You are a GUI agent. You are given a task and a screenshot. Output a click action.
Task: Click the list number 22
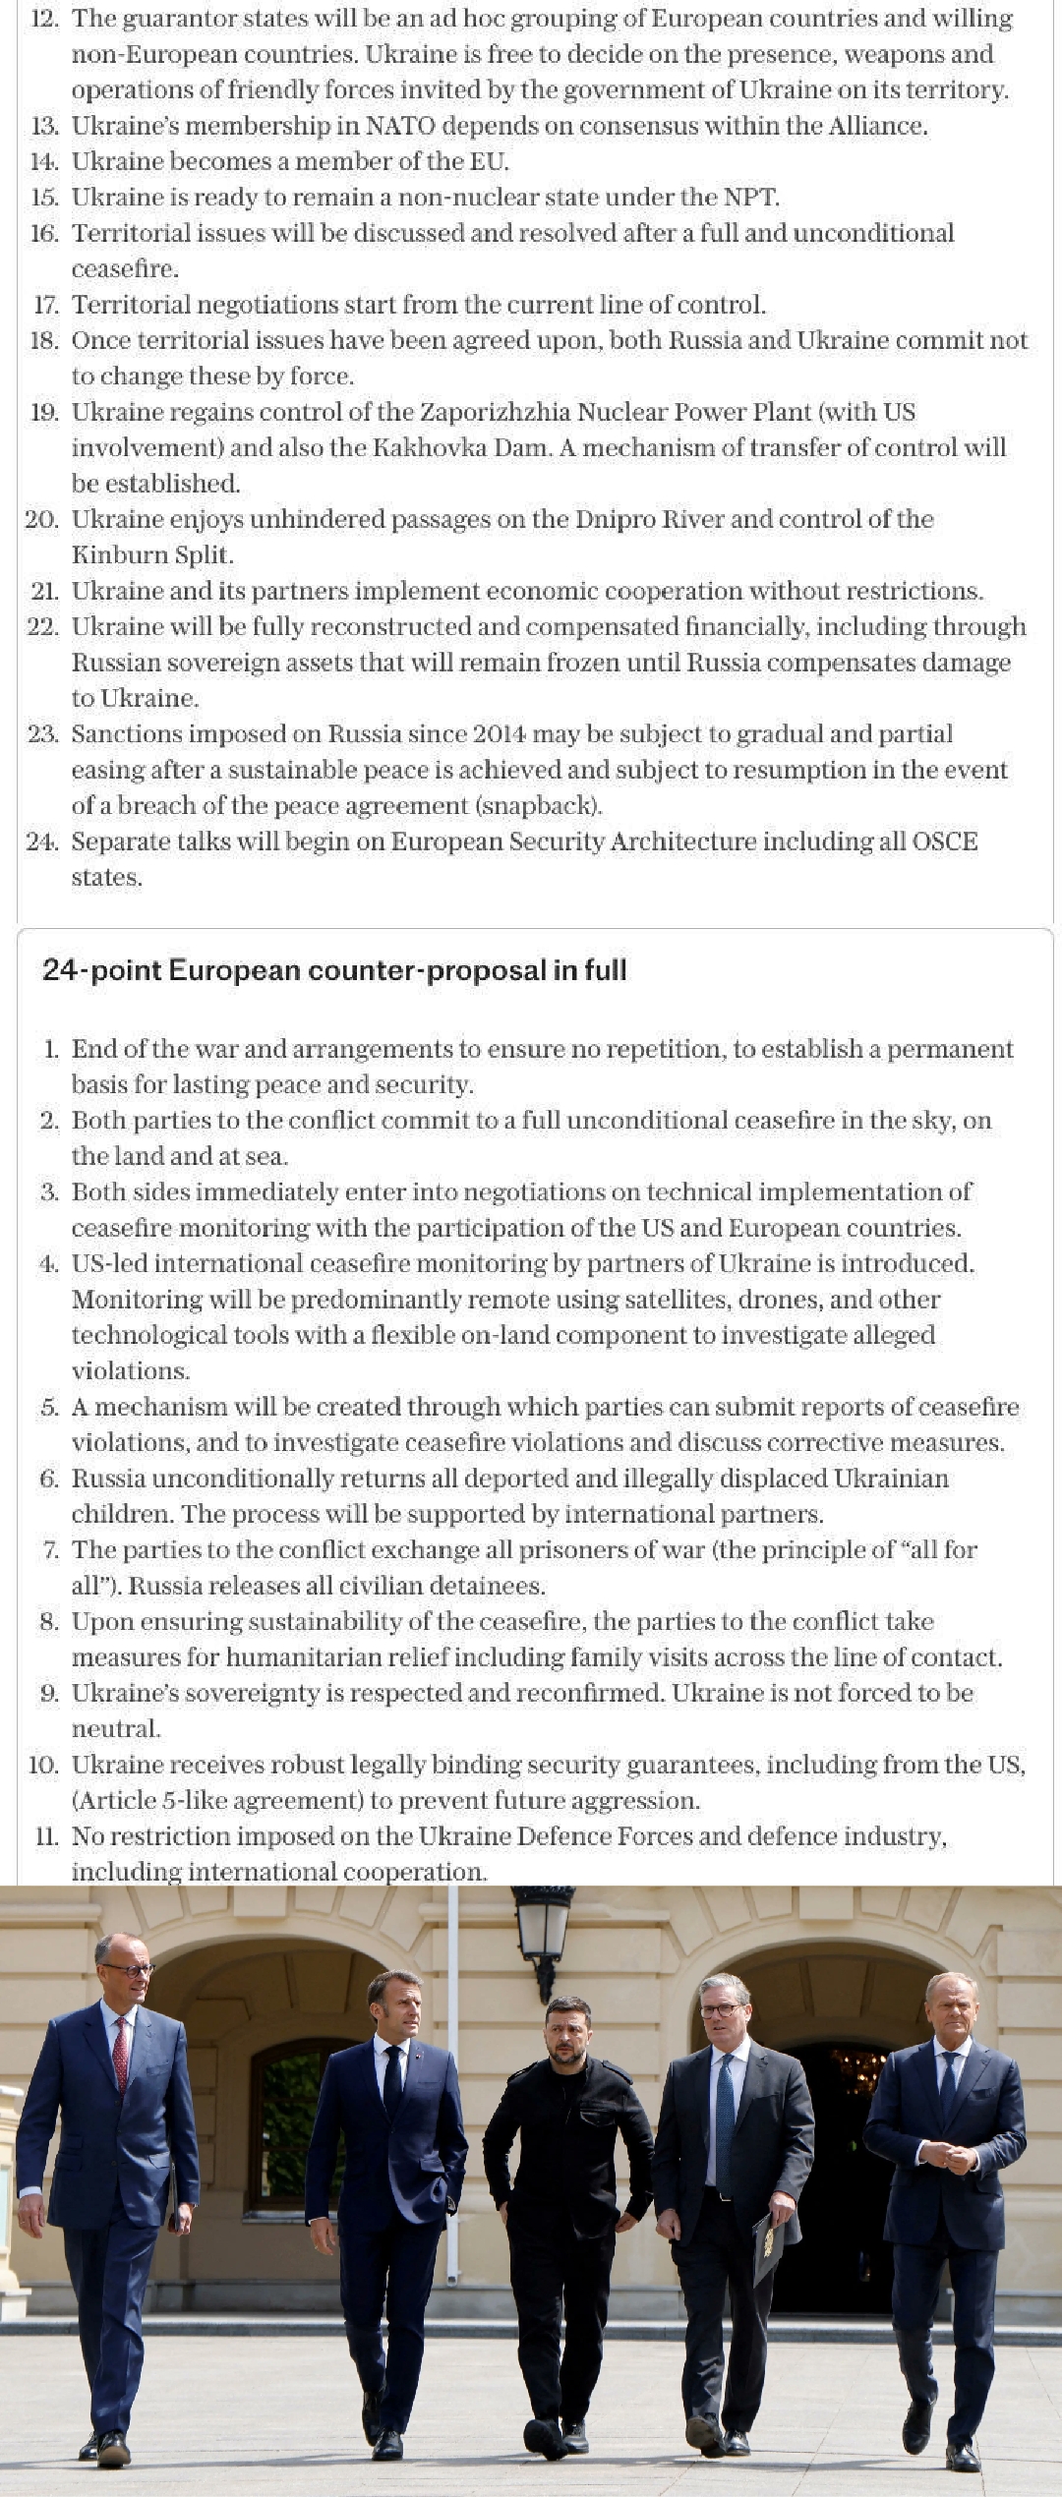tap(42, 627)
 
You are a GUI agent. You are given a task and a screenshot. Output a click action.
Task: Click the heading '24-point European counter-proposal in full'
tap(334, 970)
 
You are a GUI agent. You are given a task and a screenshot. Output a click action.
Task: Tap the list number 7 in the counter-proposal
tap(50, 1550)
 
